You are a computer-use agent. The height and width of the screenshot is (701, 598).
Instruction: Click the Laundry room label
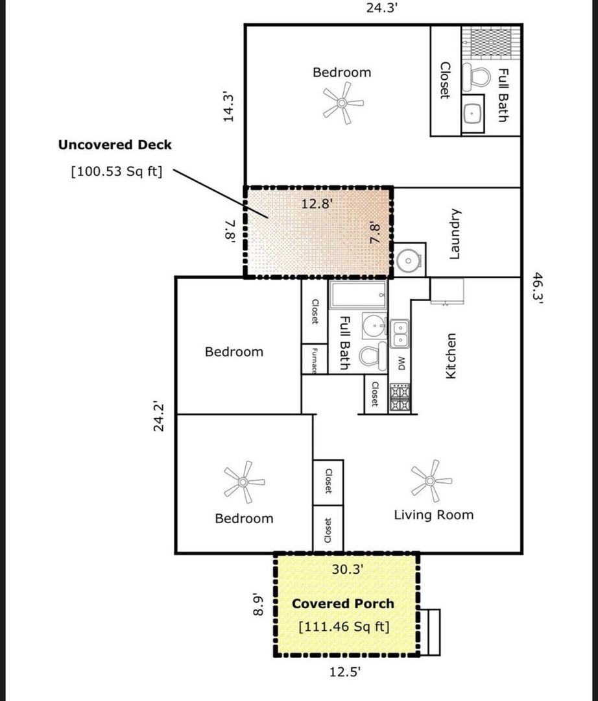[x=454, y=234]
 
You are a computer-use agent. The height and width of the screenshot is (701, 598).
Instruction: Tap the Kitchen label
[x=451, y=356]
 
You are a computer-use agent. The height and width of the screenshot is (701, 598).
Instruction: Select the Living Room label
[x=434, y=515]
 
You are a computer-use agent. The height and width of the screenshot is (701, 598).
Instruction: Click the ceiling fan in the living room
[x=431, y=481]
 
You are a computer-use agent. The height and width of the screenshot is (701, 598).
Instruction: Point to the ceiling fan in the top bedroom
[x=342, y=103]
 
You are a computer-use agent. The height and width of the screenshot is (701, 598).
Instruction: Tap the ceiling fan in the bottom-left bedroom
[x=243, y=482]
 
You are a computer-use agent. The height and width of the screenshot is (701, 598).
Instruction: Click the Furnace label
[x=315, y=360]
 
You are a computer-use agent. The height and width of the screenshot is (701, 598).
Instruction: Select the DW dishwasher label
[x=401, y=363]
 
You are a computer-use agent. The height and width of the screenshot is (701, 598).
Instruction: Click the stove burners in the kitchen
[x=400, y=397]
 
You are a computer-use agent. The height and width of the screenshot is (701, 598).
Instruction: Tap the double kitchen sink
[x=400, y=334]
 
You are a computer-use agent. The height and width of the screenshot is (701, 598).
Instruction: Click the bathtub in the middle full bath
[x=358, y=295]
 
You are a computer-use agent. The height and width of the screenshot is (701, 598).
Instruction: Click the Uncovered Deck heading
[x=115, y=145]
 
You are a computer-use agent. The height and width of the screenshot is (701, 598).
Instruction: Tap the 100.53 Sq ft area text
[x=117, y=171]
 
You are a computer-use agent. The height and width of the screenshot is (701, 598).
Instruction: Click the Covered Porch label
[x=343, y=604]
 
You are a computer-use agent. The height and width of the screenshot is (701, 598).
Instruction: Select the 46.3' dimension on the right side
[x=538, y=288]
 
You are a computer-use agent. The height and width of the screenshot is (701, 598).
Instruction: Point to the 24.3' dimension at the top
[x=382, y=8]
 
